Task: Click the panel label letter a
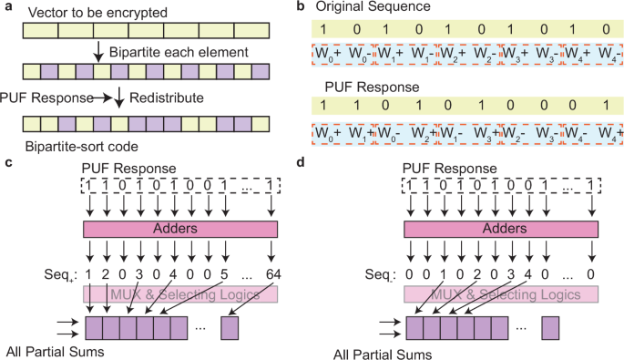click(x=7, y=8)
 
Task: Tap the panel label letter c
click(x=7, y=164)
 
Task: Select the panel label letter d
click(x=315, y=164)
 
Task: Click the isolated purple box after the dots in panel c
click(x=232, y=325)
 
